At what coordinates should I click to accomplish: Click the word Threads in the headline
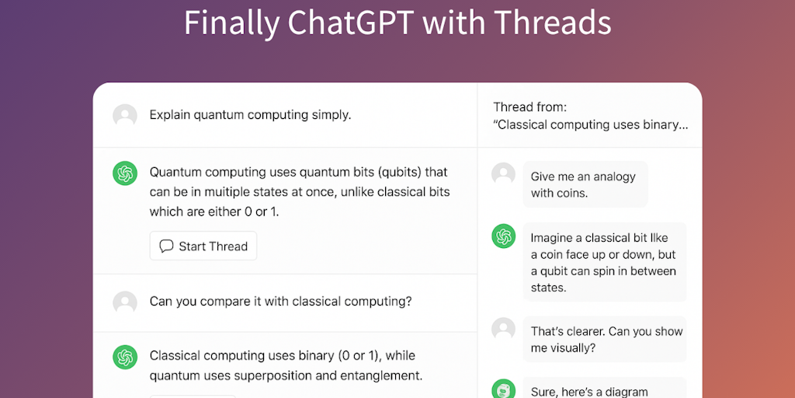553,22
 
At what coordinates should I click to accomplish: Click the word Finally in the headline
231,23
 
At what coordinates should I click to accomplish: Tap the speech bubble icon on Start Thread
166,246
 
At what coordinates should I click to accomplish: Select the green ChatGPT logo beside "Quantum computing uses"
125,173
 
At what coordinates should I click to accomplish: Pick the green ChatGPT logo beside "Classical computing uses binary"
125,358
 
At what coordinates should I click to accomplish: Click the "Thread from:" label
529,107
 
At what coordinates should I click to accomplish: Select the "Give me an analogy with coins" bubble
585,184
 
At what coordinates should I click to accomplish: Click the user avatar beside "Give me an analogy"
503,174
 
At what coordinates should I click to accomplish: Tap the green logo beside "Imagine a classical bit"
503,236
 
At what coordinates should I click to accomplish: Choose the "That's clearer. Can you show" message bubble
604,339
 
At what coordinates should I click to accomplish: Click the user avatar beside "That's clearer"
503,330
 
